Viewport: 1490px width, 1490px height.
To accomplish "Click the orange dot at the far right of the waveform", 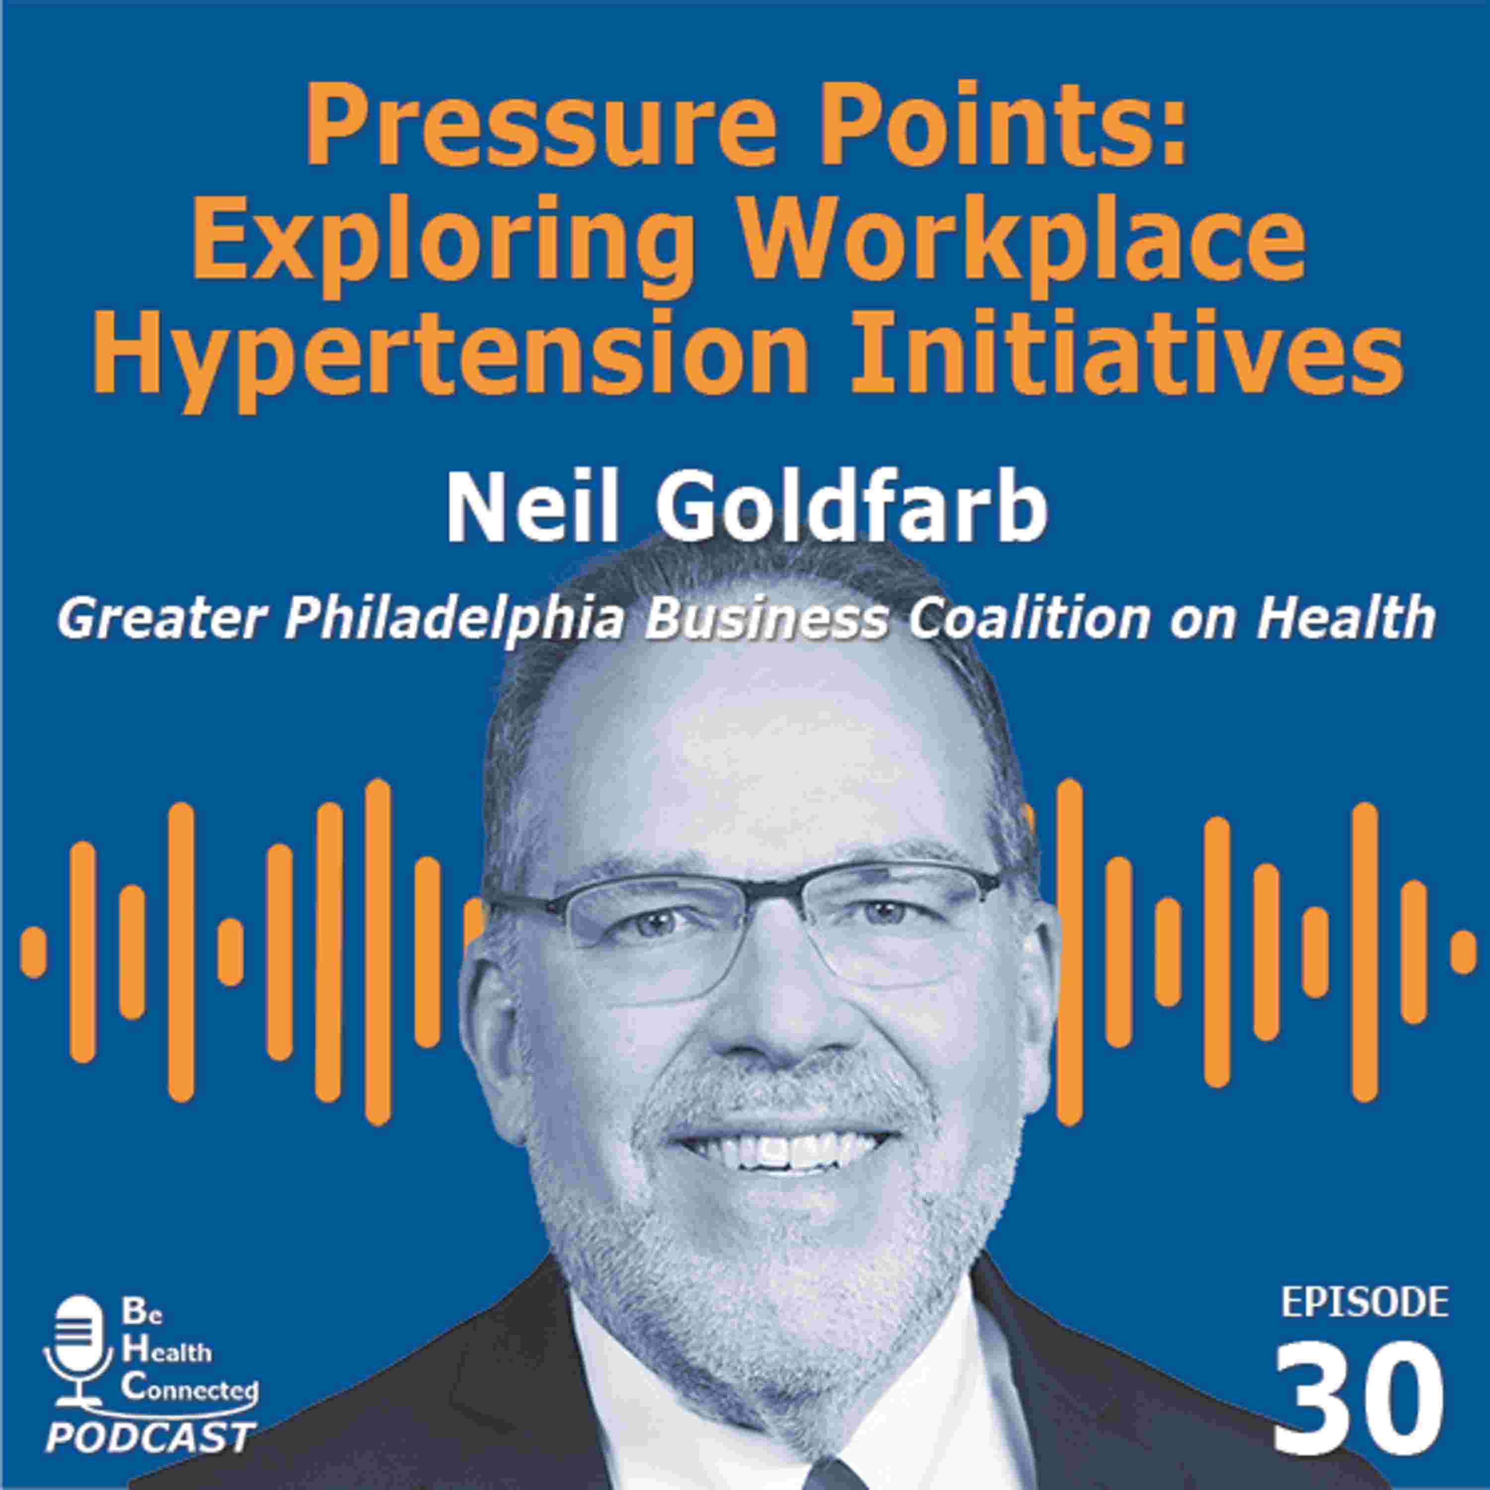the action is point(1463,953).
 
